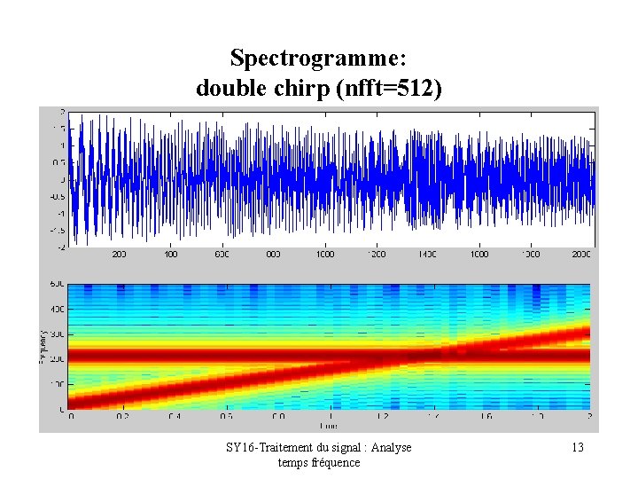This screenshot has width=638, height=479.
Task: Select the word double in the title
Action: pos(226,89)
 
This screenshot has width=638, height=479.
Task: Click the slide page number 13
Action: pos(578,448)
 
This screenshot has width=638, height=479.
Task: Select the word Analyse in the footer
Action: pos(390,448)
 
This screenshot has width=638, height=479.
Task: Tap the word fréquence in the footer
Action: pos(334,462)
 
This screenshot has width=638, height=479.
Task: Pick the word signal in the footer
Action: pos(343,448)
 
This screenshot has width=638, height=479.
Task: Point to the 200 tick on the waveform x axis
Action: pos(119,254)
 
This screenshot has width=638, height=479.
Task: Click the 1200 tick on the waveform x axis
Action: pos(377,254)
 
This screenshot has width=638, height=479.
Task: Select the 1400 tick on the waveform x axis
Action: pos(428,254)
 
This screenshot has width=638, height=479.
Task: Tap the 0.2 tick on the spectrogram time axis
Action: pos(123,415)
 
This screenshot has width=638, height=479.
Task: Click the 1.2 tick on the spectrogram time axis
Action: pos(382,415)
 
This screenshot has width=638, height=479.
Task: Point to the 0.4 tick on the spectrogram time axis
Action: pos(175,415)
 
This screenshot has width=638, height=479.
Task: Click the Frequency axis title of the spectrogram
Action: pos(45,347)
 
